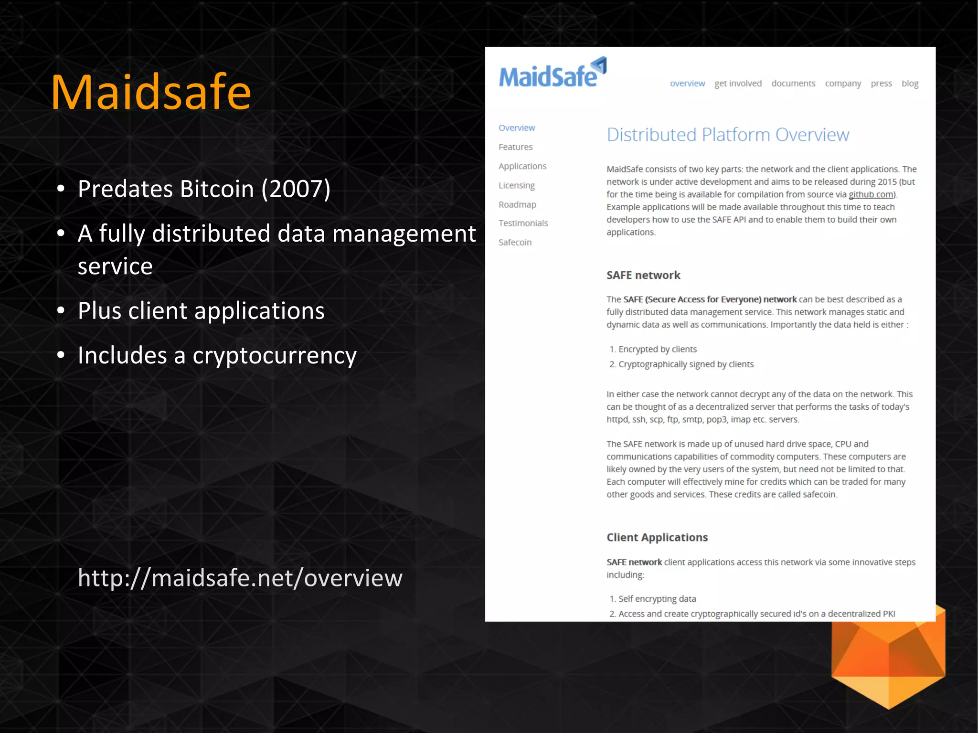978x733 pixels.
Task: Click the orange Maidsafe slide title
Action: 151,92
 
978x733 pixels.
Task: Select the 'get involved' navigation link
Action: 738,84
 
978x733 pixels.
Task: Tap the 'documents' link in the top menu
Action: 793,84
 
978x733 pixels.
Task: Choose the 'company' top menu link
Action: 843,84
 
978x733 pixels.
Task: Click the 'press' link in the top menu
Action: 881,84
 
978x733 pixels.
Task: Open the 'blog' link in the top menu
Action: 910,84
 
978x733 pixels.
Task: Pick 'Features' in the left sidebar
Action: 515,147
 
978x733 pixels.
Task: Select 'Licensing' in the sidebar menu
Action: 516,185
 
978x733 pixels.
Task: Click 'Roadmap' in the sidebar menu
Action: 517,204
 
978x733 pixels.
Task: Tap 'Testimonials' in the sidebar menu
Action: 523,223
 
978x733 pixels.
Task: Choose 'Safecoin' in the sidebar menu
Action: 515,242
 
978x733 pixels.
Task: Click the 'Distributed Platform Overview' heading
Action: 728,135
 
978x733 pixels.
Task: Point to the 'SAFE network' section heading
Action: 643,275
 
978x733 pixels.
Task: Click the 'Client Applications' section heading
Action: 657,537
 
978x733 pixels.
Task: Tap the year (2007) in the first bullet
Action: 296,189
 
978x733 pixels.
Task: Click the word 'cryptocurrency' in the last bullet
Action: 275,356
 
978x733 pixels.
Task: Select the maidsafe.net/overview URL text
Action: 240,578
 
